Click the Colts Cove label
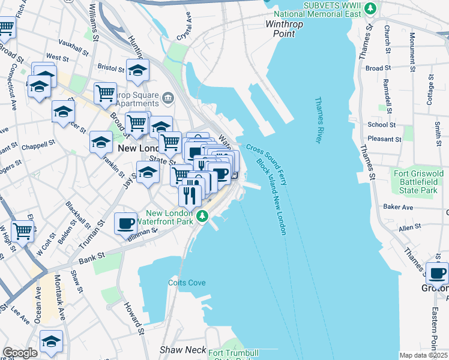point(187,283)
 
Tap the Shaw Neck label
point(182,349)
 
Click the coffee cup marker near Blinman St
point(125,224)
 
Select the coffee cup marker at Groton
point(436,274)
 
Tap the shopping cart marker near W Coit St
point(23,230)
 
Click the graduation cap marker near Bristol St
point(137,70)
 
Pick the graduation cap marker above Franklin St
point(101,143)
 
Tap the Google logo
point(20,353)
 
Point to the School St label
point(381,125)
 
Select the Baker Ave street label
point(398,207)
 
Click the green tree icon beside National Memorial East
point(372,7)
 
